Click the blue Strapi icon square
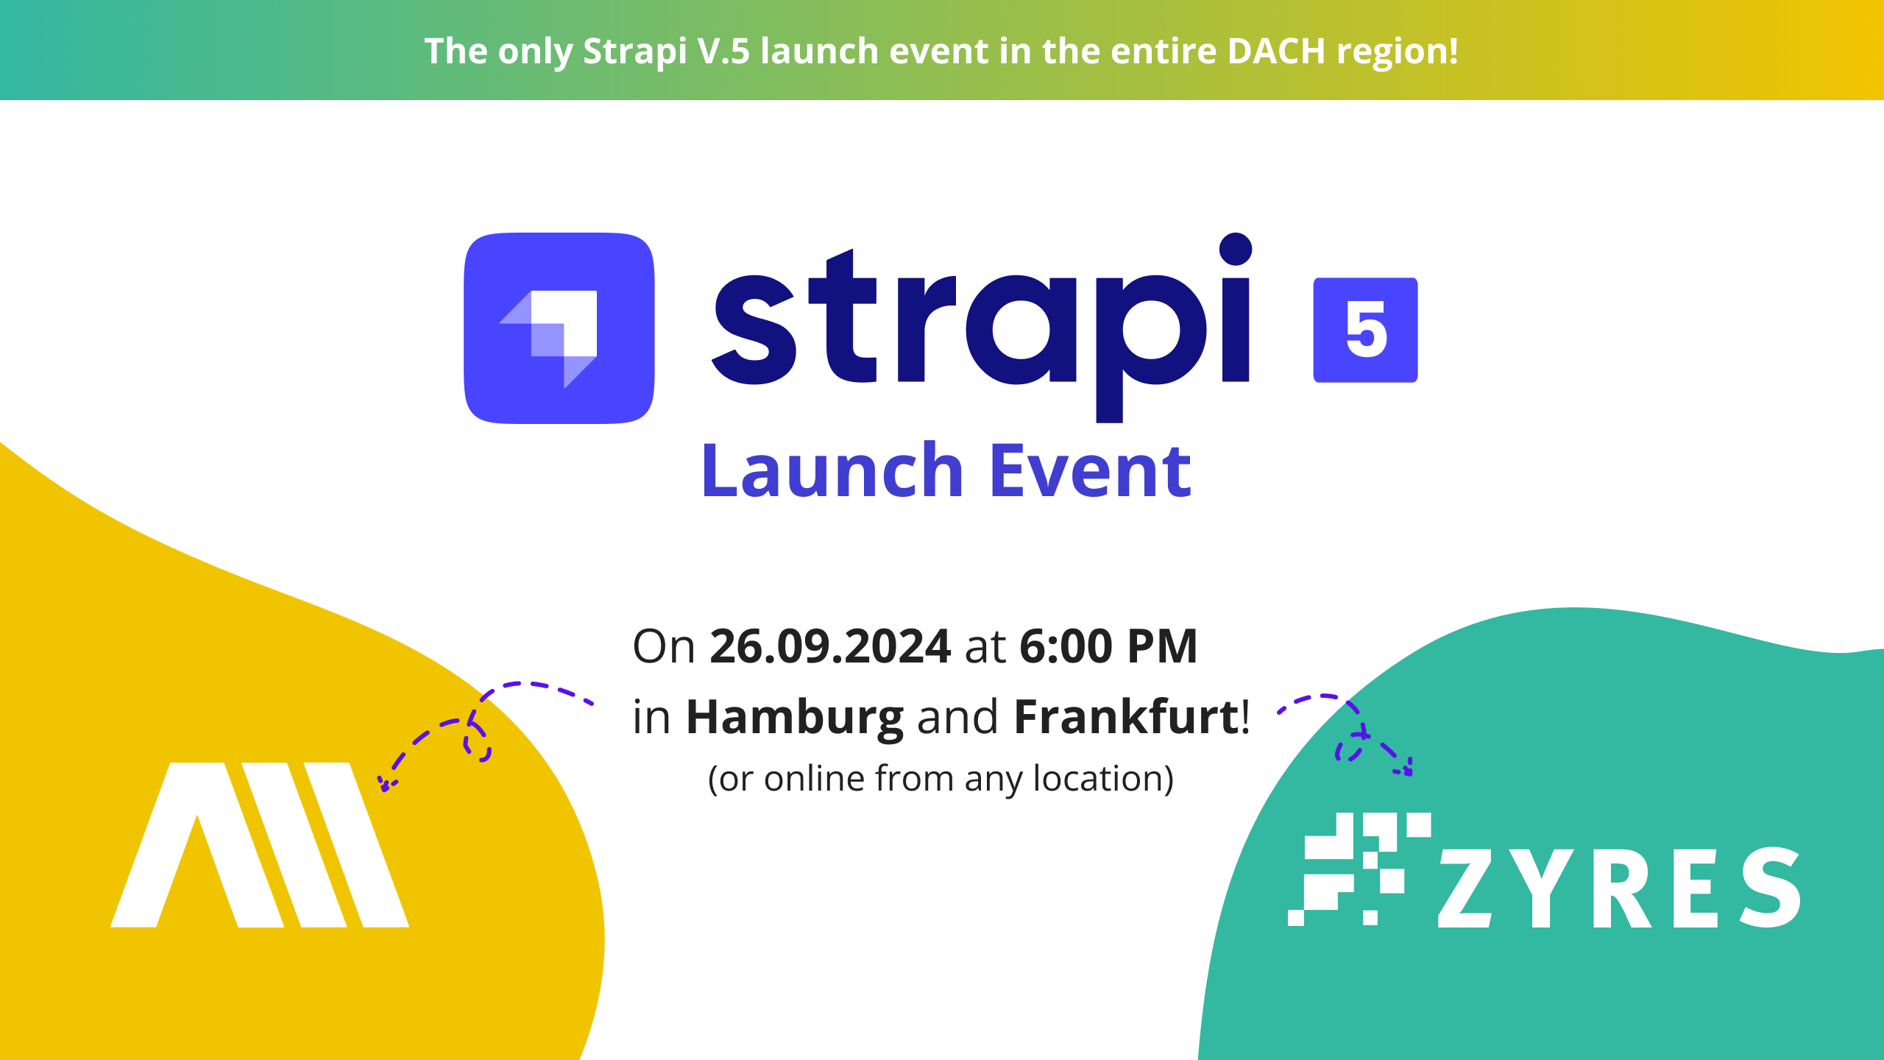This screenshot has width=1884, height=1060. [x=559, y=328]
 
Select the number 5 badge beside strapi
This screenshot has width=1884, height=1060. [x=1365, y=330]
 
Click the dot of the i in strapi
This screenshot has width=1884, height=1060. [x=1236, y=249]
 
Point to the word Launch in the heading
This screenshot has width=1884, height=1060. [x=832, y=470]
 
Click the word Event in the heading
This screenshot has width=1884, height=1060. [x=1091, y=470]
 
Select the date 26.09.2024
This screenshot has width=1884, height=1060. [x=830, y=646]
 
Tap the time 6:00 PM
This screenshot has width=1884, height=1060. [x=1108, y=646]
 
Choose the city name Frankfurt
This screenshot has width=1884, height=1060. [x=1126, y=716]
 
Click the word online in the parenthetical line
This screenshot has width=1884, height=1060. [x=814, y=778]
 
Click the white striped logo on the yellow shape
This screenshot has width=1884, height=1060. [x=260, y=844]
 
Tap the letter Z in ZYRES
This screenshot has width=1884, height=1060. [x=1465, y=888]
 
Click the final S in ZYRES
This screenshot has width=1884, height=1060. [x=1771, y=888]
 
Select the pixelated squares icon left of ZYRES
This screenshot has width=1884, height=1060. [x=1359, y=869]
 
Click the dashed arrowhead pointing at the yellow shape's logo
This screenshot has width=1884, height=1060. [x=384, y=785]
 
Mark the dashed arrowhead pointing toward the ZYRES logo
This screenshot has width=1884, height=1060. [x=1404, y=768]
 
